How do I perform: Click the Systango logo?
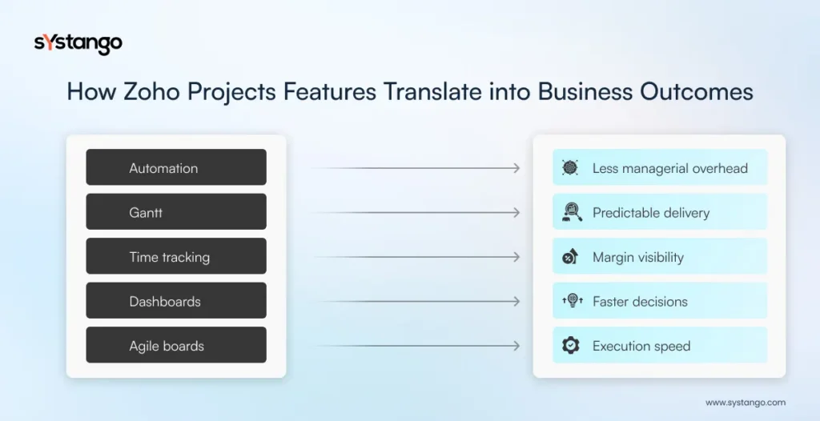78,43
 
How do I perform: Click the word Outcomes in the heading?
696,91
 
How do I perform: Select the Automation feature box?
176,168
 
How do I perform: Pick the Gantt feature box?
176,213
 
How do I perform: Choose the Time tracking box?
176,257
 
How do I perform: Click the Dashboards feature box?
176,302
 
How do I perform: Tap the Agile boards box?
176,346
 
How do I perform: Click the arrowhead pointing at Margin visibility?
516,257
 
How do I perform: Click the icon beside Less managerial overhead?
570,168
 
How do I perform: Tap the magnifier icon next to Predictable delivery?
570,212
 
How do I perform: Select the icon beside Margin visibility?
570,257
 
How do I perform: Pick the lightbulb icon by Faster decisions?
570,302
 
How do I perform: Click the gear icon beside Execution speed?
570,346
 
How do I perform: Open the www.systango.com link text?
745,403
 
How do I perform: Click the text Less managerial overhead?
669,168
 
